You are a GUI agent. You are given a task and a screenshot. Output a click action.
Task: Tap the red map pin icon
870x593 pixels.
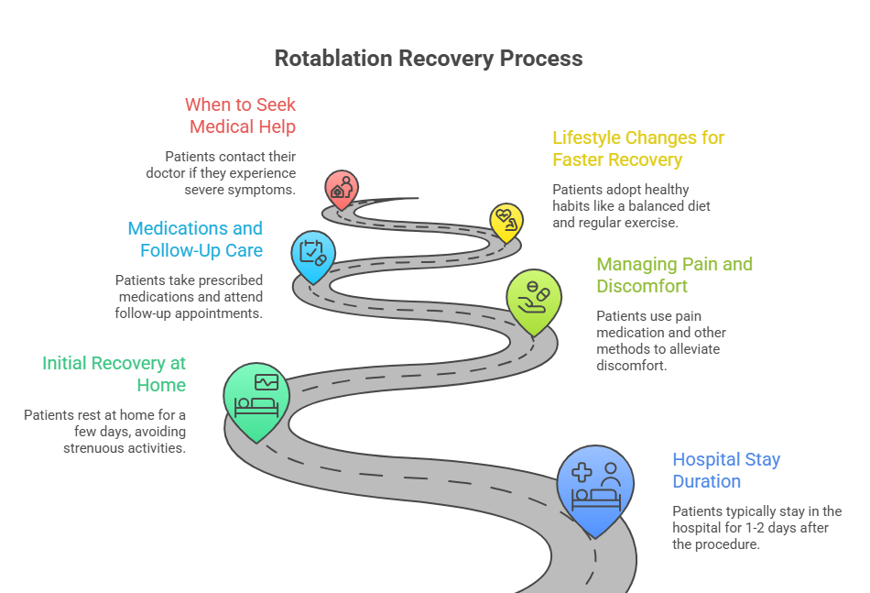tap(341, 188)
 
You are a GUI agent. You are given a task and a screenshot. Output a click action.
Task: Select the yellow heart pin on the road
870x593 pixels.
tap(505, 220)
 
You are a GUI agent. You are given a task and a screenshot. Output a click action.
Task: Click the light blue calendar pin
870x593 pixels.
tap(312, 252)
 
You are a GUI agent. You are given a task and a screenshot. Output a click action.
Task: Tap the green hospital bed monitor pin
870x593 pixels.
tap(256, 394)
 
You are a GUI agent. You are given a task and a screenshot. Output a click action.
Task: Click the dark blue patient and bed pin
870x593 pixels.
tap(595, 484)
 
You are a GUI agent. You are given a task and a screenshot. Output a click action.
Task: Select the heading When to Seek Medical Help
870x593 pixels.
tap(241, 115)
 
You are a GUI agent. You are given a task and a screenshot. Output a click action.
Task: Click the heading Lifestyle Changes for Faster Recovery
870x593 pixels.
tap(637, 148)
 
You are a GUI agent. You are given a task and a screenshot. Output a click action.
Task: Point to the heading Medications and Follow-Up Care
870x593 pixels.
tap(195, 239)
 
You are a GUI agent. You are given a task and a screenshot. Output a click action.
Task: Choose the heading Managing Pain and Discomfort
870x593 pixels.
tap(674, 275)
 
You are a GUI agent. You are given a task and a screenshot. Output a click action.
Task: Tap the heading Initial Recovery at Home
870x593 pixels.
tap(114, 374)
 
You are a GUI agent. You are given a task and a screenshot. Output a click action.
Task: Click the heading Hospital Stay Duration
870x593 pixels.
tap(726, 470)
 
